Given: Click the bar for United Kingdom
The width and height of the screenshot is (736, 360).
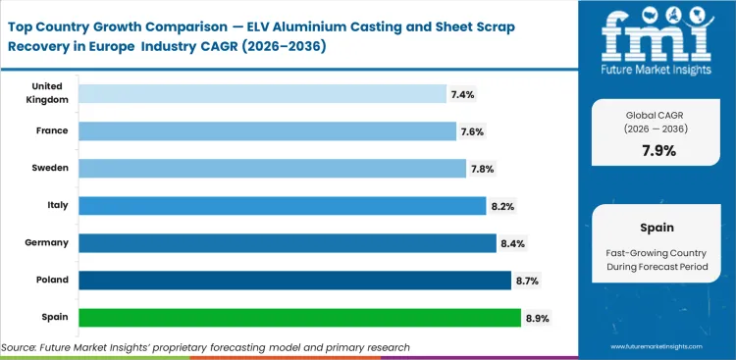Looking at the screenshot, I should (262, 94).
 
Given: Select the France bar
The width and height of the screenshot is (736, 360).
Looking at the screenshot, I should (267, 131).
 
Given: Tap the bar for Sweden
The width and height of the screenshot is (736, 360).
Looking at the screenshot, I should (272, 169).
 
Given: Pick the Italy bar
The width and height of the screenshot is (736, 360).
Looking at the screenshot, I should (283, 206).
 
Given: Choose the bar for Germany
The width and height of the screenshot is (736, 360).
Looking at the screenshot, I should (288, 242).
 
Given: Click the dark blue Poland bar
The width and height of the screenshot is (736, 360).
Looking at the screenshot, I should (294, 281).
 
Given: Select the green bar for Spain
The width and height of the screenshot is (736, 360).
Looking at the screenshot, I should (299, 318).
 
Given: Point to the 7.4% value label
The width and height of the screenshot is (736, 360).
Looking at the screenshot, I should (463, 94).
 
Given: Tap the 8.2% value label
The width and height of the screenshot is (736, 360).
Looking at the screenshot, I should (503, 206).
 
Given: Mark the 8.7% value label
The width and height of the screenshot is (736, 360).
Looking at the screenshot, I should (527, 281).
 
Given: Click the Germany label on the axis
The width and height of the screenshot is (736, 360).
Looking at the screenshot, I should (48, 242).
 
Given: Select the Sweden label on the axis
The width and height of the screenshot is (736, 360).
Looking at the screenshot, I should (49, 169).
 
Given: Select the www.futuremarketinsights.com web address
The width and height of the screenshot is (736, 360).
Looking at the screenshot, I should (659, 347).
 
